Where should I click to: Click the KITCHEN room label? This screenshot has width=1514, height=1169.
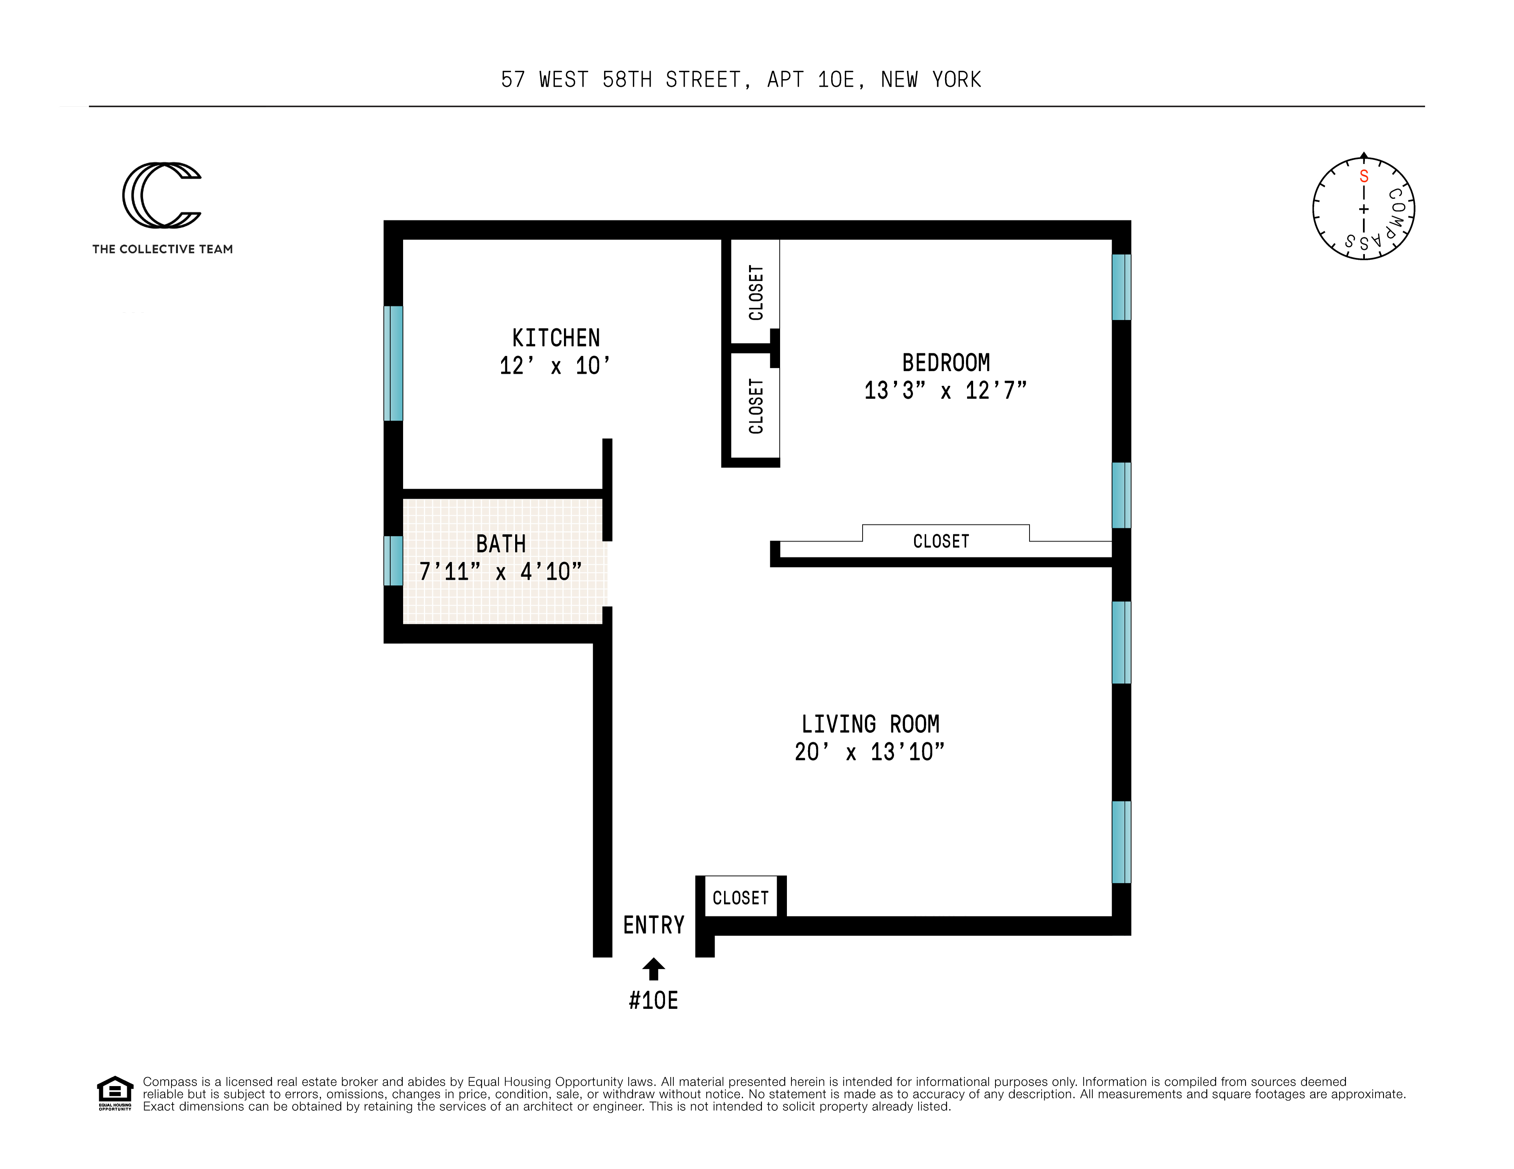pos(556,338)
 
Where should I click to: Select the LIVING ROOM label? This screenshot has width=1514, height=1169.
pos(870,725)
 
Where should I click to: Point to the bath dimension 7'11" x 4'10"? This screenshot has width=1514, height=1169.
pos(500,572)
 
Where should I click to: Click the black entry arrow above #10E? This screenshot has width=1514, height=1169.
pos(653,969)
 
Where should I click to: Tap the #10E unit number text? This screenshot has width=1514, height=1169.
pos(653,1001)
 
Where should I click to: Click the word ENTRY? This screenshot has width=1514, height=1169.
pos(653,925)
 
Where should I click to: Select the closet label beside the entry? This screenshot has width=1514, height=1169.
pos(740,898)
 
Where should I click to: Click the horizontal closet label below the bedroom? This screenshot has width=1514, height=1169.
pos(941,541)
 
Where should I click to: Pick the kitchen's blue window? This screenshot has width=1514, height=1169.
pos(393,363)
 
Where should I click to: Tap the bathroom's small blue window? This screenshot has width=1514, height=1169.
pos(393,560)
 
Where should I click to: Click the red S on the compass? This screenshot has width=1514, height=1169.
pos(1364,176)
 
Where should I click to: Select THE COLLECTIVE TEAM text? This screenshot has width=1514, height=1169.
pos(162,249)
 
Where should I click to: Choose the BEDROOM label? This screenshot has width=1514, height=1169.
pos(945,363)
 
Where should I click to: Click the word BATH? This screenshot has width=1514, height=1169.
pos(500,544)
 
